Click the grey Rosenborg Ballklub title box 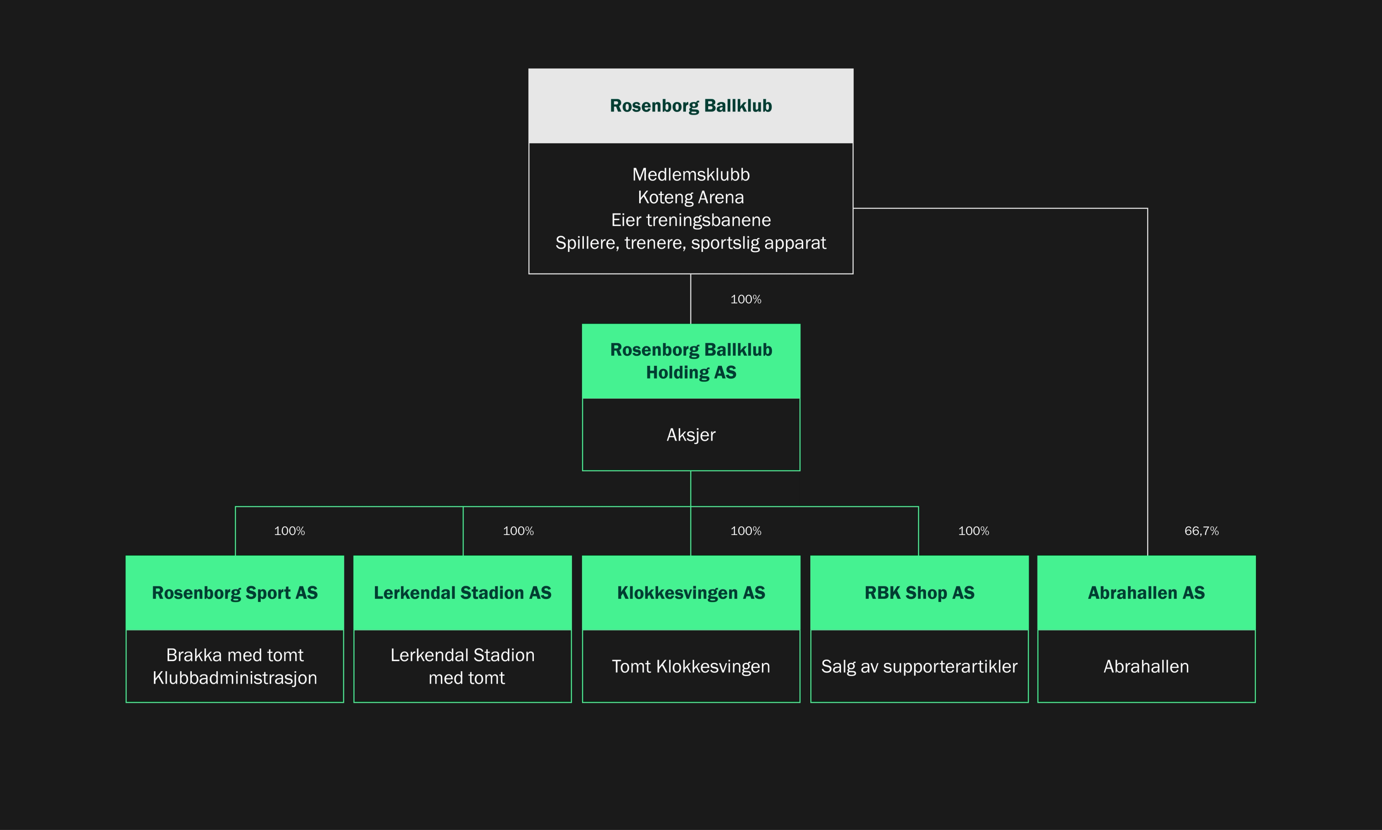point(691,106)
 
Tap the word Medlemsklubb point(691,174)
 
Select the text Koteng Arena point(691,197)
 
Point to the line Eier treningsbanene point(691,220)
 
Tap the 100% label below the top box point(745,299)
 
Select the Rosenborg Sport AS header point(235,593)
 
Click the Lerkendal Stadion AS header point(463,593)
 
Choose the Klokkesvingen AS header point(691,593)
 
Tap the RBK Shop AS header point(919,593)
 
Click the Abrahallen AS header point(1146,593)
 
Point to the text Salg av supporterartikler point(919,667)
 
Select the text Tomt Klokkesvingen point(691,667)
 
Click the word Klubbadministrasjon point(235,678)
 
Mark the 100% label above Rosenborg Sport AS point(289,531)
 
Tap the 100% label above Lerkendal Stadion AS point(518,531)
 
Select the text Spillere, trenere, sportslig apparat point(691,243)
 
